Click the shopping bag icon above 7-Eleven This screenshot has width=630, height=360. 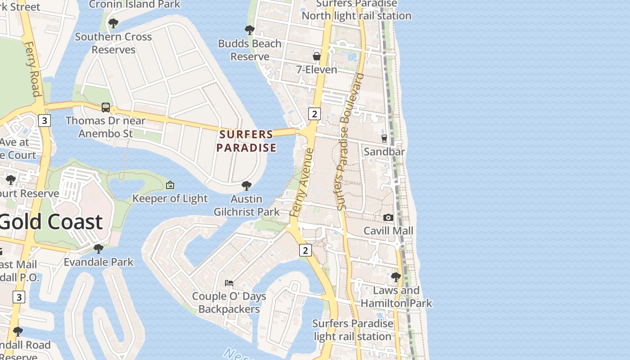pos(317,56)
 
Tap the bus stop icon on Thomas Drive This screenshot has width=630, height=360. pos(106,108)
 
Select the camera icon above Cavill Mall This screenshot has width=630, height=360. pos(388,217)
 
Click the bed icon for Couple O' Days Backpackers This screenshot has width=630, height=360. pos(229,283)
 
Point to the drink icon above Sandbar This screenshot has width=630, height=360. pos(384,139)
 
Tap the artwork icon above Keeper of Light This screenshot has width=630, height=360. pos(170,185)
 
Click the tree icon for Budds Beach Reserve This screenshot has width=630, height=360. pos(249,30)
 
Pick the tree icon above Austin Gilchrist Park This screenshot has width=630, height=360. pos(246,185)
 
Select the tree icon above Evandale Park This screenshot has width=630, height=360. pos(99,248)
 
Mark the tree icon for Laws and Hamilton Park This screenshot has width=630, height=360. pos(396,277)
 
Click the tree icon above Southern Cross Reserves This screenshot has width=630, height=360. pos(113,23)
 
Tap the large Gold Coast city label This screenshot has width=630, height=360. pos(51,222)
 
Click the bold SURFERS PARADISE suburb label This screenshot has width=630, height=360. pos(246,141)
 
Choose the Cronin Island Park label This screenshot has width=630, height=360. pos(135,4)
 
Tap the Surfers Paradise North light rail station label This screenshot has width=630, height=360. pos(356,10)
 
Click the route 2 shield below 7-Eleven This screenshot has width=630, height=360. pos(314,114)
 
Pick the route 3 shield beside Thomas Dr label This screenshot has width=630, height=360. pos(44,121)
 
